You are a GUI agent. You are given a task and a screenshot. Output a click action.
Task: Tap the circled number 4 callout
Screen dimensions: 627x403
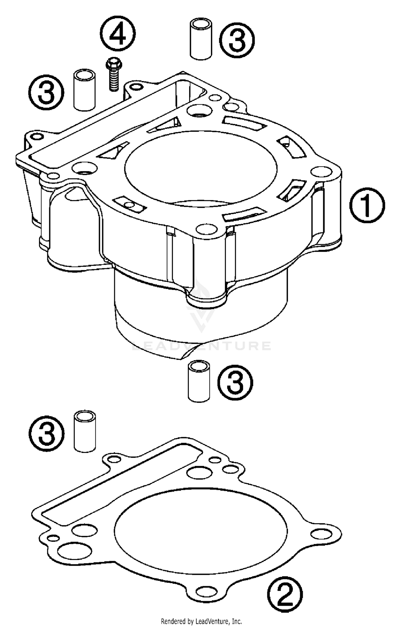coord(118,34)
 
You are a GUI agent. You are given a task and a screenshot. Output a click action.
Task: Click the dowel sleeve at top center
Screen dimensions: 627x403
coord(201,39)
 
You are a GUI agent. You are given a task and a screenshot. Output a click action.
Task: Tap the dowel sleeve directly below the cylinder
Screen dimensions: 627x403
coord(199,381)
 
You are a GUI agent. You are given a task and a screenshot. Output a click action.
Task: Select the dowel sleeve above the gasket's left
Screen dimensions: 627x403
coord(85,431)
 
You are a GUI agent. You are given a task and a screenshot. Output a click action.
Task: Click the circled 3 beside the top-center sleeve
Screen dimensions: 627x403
coord(237,40)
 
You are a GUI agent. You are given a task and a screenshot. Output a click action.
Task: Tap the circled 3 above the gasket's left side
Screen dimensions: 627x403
coord(46,434)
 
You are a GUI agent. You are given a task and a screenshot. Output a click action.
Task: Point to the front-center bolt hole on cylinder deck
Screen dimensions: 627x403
coord(206,229)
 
